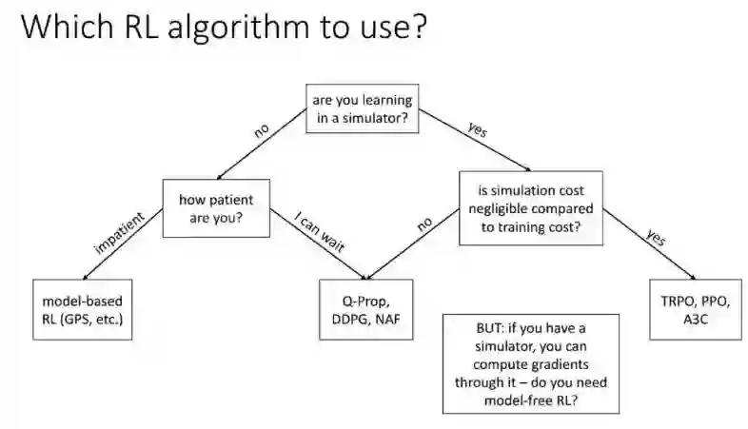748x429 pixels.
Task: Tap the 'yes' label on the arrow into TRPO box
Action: pyautogui.click(x=655, y=239)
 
